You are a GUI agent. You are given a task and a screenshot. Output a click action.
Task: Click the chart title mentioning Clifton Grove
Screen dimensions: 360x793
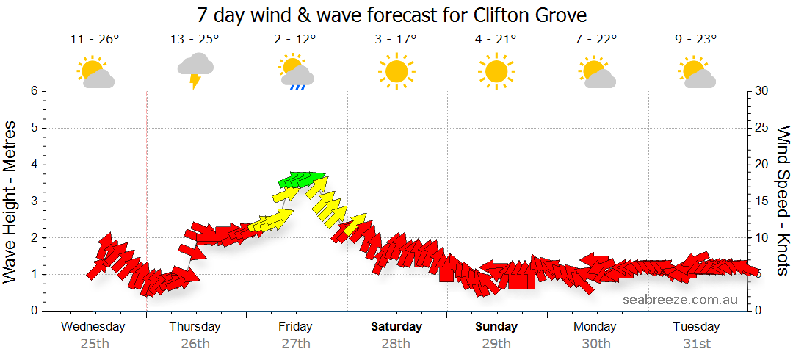click(x=392, y=15)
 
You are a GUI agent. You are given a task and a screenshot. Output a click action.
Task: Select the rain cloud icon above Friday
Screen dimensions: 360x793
click(x=296, y=73)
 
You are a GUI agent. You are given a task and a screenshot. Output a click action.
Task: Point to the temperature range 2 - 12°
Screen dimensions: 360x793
click(x=295, y=40)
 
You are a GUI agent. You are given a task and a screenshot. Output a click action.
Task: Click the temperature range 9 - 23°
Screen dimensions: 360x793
click(x=696, y=40)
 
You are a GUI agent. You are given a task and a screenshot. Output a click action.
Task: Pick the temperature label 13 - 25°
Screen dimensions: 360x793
click(x=195, y=40)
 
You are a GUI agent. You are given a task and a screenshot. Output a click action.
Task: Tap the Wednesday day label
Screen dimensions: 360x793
click(x=93, y=327)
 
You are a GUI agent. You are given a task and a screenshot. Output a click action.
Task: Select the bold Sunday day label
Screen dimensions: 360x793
click(x=496, y=327)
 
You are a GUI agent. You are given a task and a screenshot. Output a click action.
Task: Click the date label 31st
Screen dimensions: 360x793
click(x=696, y=343)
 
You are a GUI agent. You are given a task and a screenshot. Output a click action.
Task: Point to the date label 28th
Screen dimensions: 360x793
click(x=396, y=343)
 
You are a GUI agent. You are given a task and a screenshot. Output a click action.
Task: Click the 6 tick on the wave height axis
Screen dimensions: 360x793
click(x=33, y=91)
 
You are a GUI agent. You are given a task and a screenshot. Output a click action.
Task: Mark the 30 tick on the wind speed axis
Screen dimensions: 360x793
click(x=762, y=91)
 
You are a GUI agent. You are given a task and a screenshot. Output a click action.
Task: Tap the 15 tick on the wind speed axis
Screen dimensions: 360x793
click(x=762, y=201)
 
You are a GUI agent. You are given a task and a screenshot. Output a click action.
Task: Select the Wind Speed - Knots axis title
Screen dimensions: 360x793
click(x=783, y=200)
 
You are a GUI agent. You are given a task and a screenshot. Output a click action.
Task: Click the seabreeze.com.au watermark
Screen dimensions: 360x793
click(x=679, y=300)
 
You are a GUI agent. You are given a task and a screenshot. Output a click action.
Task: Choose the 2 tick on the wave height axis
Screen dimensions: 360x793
click(x=33, y=238)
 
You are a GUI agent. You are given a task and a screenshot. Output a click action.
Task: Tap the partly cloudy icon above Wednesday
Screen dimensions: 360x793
click(x=95, y=73)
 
